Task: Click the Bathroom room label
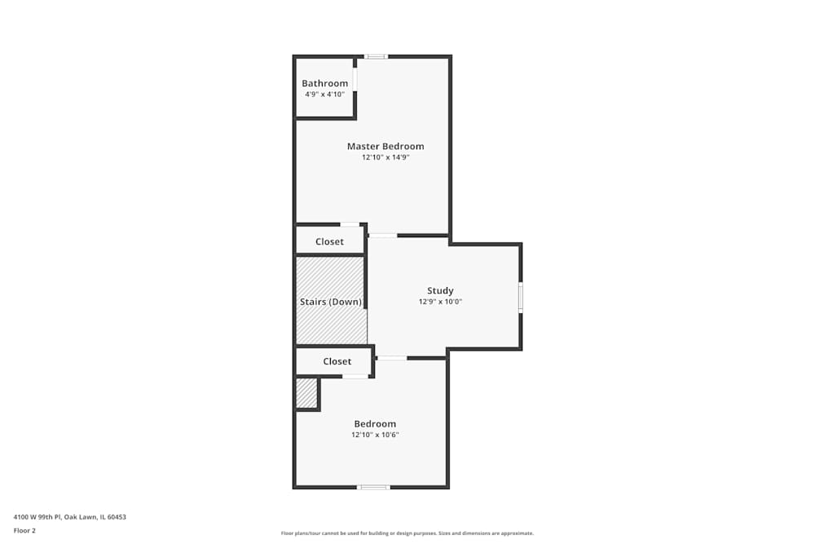(324, 83)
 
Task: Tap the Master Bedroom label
(385, 147)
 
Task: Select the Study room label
(440, 291)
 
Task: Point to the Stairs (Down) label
(331, 302)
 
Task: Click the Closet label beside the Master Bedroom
(329, 241)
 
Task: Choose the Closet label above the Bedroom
(337, 361)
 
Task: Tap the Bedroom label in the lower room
(375, 424)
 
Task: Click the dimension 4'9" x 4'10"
(325, 95)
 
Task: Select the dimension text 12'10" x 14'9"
(385, 157)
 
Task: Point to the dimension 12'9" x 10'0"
(440, 302)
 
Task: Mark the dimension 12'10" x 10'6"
(375, 435)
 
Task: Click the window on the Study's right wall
(521, 297)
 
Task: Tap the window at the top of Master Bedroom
(375, 56)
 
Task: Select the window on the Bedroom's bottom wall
(373, 487)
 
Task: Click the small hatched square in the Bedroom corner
(306, 392)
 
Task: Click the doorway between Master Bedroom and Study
(382, 236)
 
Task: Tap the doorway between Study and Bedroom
(392, 357)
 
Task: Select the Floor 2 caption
(24, 530)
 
